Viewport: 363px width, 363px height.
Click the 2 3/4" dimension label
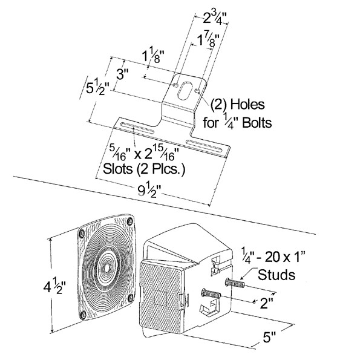(215, 18)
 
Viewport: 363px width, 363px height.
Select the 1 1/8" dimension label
(154, 55)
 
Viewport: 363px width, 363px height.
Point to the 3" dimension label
(122, 74)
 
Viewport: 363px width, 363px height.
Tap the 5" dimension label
(269, 338)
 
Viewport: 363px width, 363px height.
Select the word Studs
(276, 275)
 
